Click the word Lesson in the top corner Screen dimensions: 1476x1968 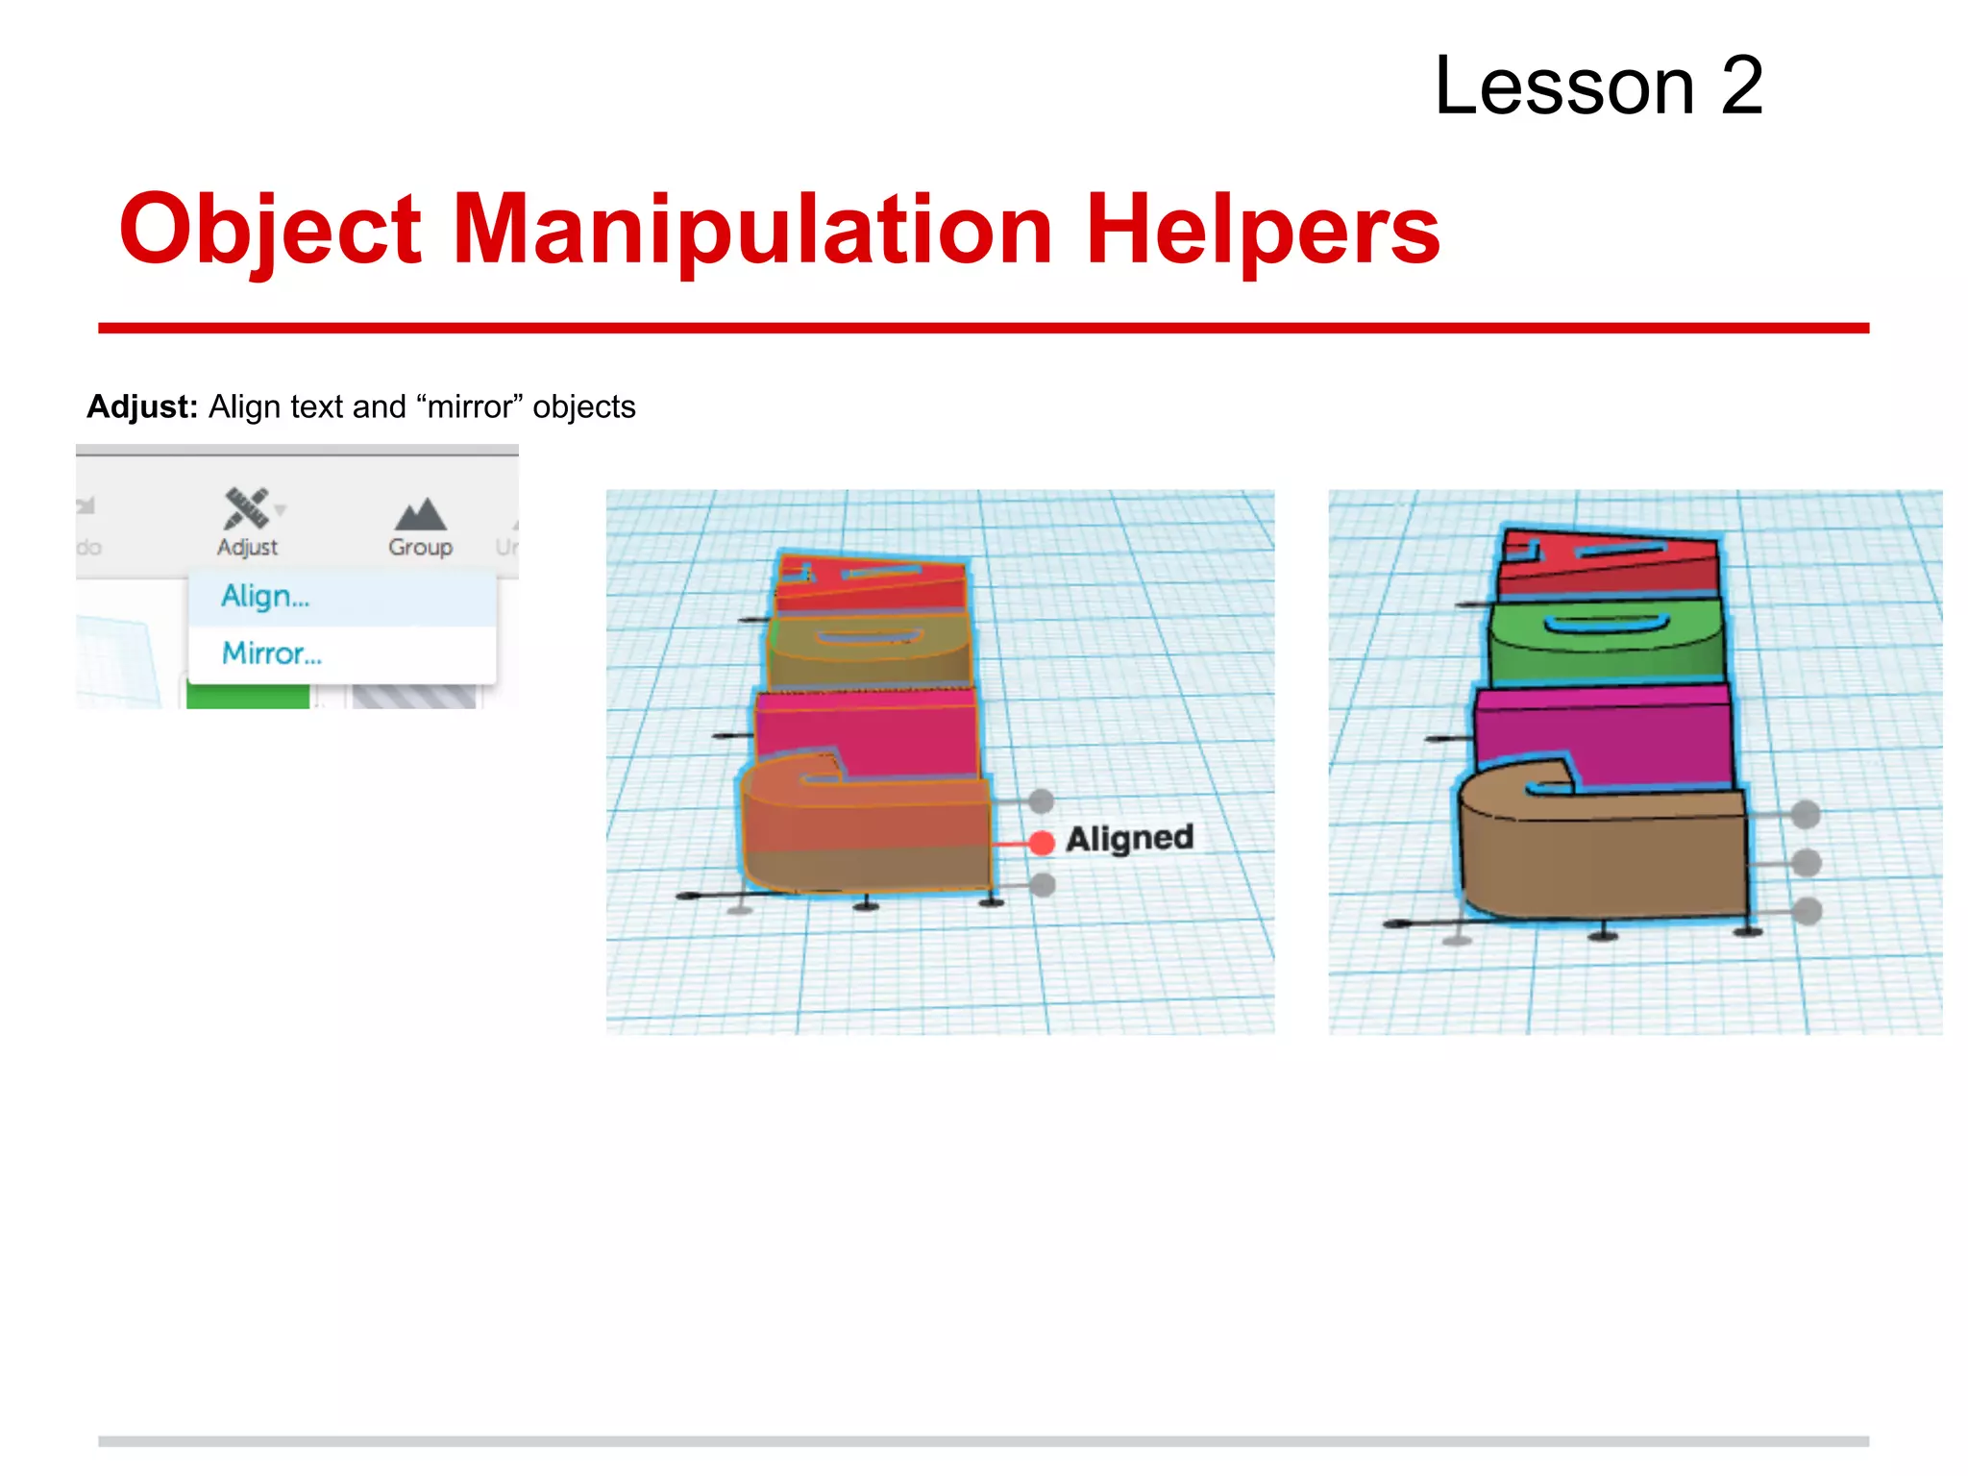[x=1564, y=86]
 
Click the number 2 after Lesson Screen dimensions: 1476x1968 [x=1741, y=86]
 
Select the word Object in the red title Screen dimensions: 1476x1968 [x=270, y=231]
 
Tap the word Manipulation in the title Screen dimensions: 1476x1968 [x=752, y=231]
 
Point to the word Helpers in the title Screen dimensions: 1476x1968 [x=1262, y=231]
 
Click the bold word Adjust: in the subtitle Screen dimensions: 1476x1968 [x=142, y=406]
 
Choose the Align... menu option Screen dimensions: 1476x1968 [x=265, y=597]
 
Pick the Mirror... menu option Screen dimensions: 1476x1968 [x=271, y=653]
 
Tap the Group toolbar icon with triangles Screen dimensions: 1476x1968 [x=420, y=515]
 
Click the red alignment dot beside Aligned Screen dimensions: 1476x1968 [x=1041, y=843]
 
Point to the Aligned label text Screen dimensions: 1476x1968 [x=1130, y=839]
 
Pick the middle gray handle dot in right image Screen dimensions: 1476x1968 [x=1807, y=862]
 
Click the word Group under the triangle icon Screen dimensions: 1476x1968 [x=420, y=548]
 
